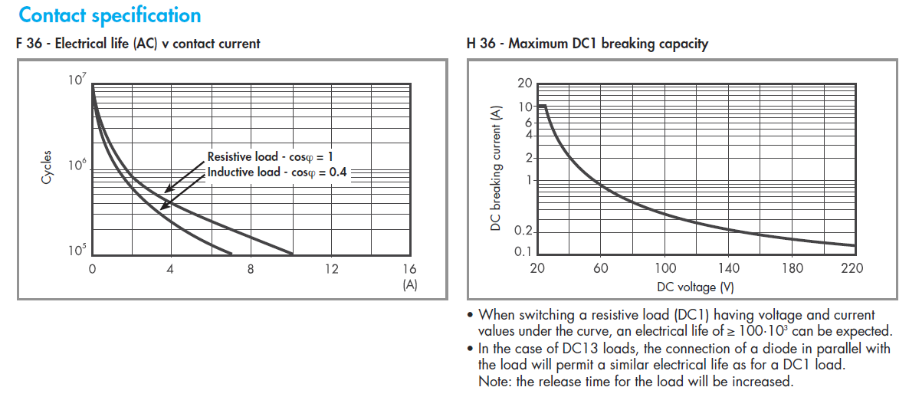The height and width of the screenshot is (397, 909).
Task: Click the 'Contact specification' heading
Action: tap(110, 15)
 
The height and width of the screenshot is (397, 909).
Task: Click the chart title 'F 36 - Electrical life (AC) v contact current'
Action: tap(138, 44)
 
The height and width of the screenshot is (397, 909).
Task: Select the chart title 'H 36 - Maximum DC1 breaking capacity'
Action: tap(587, 44)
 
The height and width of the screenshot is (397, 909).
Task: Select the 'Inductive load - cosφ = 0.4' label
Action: tap(277, 172)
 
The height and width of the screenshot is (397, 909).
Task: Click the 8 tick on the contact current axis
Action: tap(250, 269)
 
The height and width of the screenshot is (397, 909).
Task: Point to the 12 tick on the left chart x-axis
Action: tap(330, 269)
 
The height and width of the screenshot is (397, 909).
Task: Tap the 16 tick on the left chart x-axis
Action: tap(409, 269)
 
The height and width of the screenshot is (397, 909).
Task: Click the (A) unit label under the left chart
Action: tap(410, 284)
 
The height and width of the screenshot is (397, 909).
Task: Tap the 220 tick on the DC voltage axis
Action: tap(852, 267)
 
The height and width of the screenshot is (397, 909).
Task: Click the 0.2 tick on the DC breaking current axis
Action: tap(523, 231)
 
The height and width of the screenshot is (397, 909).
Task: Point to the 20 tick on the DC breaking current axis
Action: tap(525, 83)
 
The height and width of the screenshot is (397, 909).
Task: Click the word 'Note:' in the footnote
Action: tap(494, 381)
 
